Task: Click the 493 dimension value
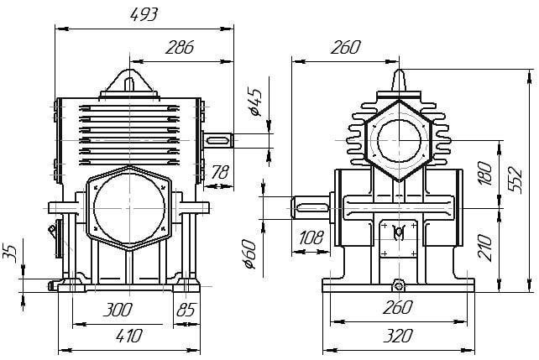point(144,14)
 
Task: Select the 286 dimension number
point(180,47)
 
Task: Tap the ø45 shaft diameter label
point(254,102)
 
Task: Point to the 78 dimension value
point(220,172)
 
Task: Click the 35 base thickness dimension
point(9,253)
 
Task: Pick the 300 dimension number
point(118,310)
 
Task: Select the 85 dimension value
point(186,310)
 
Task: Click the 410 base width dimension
point(129,336)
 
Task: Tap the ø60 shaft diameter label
point(249,253)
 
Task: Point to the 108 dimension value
point(311,237)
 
